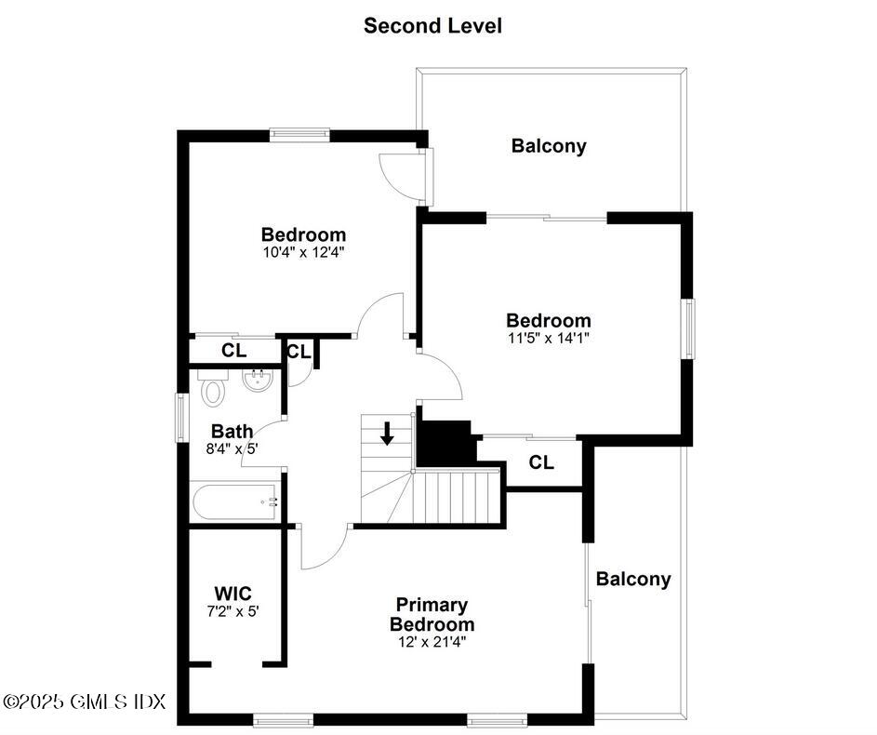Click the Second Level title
(432, 25)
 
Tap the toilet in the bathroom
(214, 388)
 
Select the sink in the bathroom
(256, 380)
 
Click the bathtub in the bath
(234, 502)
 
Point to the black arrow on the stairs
(387, 433)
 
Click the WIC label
(233, 594)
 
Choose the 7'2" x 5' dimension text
(233, 611)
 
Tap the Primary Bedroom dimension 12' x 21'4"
(432, 641)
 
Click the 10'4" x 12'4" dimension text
(303, 251)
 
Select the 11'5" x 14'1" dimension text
(548, 338)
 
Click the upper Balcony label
(549, 146)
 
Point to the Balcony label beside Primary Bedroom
(632, 580)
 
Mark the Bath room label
(232, 432)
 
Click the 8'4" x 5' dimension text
(232, 448)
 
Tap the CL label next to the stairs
(542, 462)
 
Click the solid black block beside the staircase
(445, 444)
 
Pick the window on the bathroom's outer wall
(182, 416)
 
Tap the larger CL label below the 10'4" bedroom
(233, 351)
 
